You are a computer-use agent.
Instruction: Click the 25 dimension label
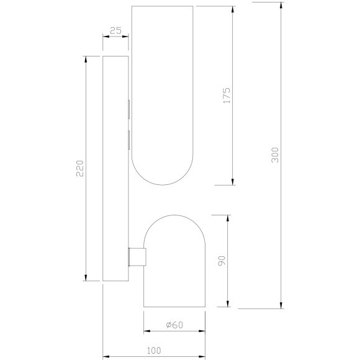pos(115,30)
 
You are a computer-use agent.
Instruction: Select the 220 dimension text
pos(80,168)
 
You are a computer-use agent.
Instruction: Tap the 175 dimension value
pos(227,96)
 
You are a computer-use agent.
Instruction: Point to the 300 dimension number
pos(275,155)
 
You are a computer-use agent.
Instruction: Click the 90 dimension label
pos(222,261)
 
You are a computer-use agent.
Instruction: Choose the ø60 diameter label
pos(174,325)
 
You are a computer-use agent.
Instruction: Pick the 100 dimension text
pos(154,350)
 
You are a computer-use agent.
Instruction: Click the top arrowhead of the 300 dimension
pos(281,6)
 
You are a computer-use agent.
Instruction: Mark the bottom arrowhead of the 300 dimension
pos(281,305)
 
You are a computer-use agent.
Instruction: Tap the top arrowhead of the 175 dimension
pos(233,9)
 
